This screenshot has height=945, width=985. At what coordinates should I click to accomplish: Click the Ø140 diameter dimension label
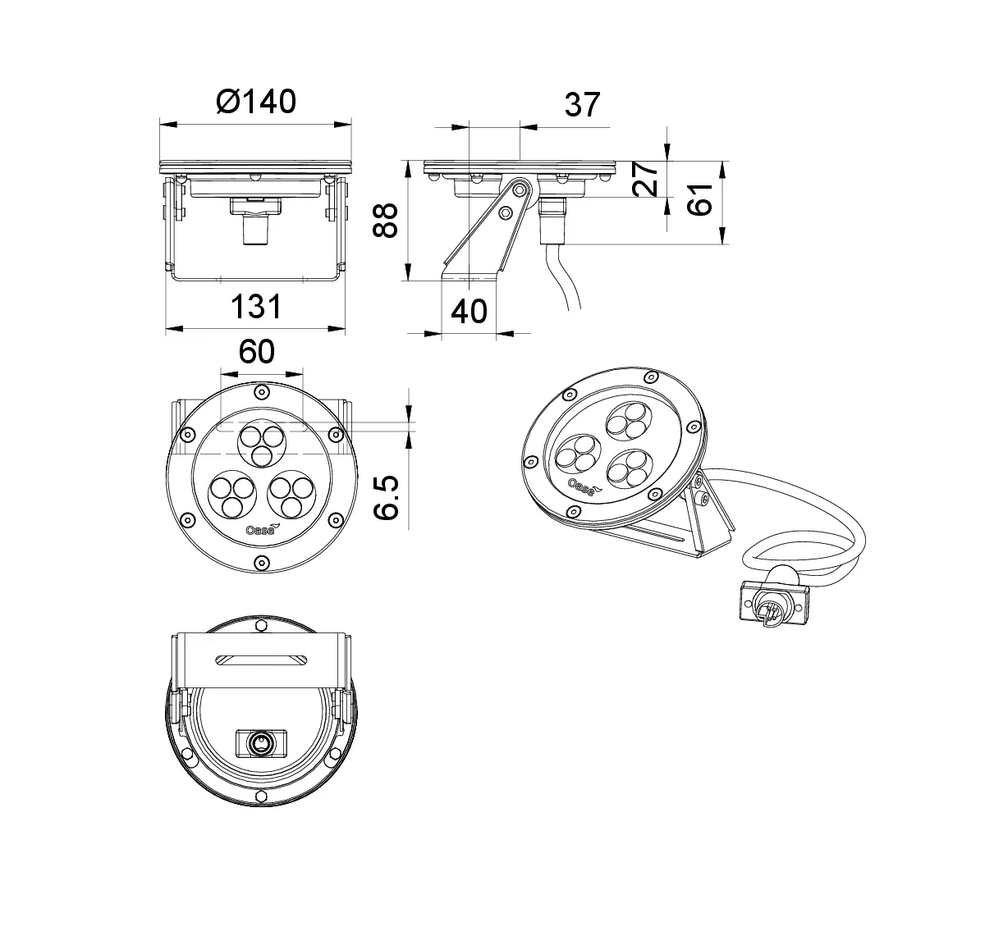[255, 103]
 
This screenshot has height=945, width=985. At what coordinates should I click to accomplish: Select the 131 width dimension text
[255, 307]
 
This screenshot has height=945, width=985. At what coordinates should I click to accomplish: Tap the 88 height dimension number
[385, 221]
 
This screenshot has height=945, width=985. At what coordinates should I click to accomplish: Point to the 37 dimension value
[582, 105]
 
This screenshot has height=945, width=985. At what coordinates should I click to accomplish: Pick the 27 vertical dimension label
[645, 179]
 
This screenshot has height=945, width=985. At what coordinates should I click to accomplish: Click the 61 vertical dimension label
[700, 200]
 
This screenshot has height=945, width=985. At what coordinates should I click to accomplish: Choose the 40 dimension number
[470, 311]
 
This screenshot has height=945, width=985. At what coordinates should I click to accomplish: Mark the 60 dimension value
[257, 352]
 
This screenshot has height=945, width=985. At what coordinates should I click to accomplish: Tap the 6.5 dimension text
[386, 497]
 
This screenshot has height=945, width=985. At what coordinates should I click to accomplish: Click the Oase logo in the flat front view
[260, 529]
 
